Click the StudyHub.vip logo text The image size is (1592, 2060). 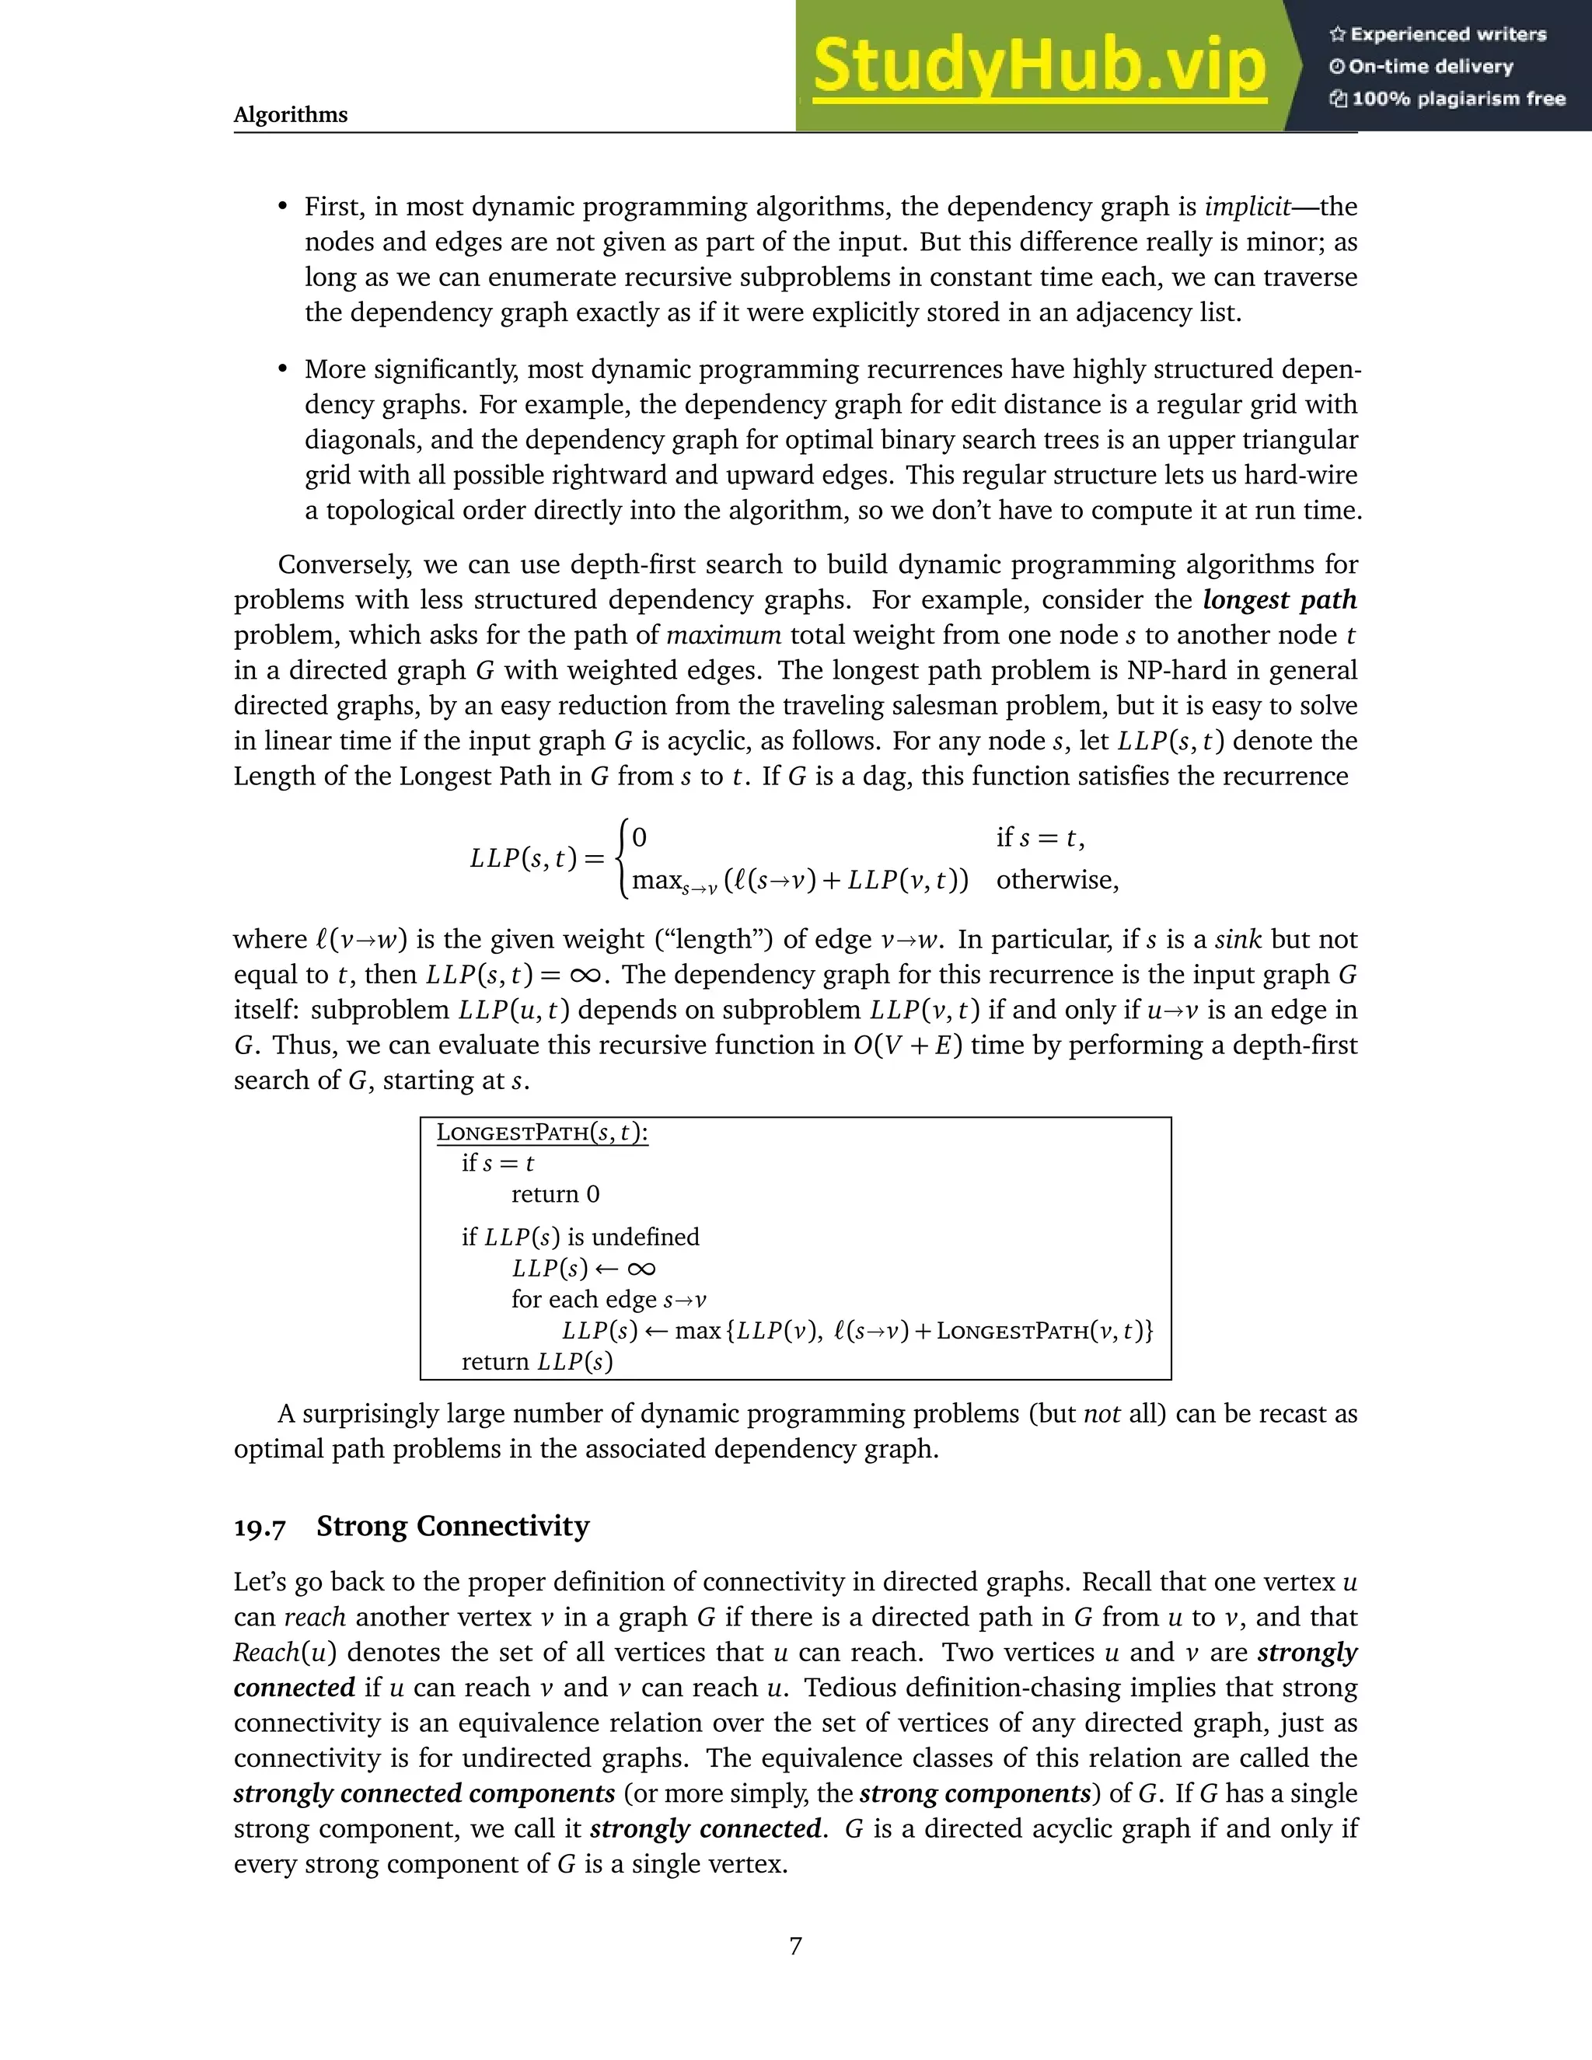point(1039,66)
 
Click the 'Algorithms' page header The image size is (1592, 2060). point(291,115)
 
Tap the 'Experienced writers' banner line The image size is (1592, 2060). point(1439,34)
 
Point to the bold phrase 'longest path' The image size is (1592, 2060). point(1279,600)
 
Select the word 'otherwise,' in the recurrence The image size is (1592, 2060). point(1057,880)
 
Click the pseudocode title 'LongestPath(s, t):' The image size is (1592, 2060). point(543,1133)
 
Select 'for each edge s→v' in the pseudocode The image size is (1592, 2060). point(609,1299)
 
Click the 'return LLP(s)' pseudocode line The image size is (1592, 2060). point(536,1361)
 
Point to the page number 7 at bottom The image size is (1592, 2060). point(795,1946)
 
